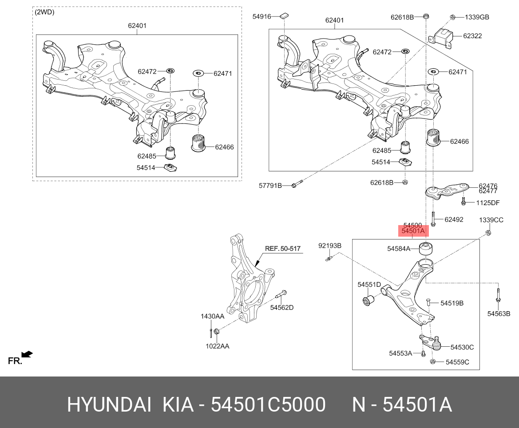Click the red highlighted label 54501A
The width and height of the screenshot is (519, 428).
[x=413, y=231]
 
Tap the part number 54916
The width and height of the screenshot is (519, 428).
[x=261, y=16]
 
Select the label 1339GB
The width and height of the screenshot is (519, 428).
[x=477, y=17]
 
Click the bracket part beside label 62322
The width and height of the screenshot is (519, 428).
[x=442, y=36]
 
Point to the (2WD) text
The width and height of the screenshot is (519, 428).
[x=44, y=12]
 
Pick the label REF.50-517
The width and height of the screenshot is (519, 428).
[x=283, y=249]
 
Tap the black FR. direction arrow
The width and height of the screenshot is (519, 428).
[x=27, y=354]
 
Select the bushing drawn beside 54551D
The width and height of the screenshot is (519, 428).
[x=368, y=301]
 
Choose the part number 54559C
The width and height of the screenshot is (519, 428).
[x=457, y=362]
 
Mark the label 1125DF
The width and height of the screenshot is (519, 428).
[x=488, y=203]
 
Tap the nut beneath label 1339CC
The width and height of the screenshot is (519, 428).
[x=488, y=233]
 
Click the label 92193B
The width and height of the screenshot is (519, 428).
[x=330, y=246]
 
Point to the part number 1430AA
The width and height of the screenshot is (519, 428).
[x=212, y=317]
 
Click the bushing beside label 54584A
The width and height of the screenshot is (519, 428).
[x=426, y=249]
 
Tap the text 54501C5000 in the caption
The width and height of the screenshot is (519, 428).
[x=268, y=405]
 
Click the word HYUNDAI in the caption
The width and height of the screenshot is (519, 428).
[x=108, y=405]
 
